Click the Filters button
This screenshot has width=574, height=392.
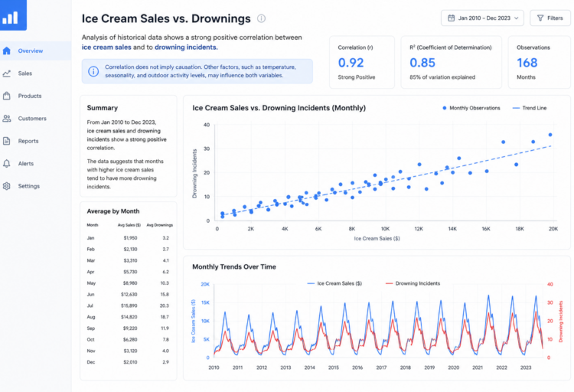(x=550, y=18)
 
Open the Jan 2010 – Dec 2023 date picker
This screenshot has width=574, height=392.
(x=482, y=18)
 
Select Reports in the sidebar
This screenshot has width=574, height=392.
(x=28, y=141)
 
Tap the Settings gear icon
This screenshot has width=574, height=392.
(x=7, y=186)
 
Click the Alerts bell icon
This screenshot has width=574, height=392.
(x=7, y=163)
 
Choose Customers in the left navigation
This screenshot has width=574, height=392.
(x=32, y=119)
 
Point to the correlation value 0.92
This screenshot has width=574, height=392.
(x=351, y=63)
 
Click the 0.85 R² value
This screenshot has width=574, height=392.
(x=422, y=63)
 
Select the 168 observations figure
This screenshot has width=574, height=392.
(x=527, y=63)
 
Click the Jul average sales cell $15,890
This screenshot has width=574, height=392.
(x=129, y=305)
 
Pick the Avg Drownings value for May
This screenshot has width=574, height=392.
(x=165, y=283)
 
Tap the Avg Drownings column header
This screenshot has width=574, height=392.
(x=160, y=225)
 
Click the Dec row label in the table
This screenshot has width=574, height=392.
(x=91, y=362)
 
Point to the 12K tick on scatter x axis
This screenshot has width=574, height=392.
(x=419, y=229)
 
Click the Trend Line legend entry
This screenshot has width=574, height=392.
(x=530, y=108)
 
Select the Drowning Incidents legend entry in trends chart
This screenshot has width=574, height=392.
(x=413, y=283)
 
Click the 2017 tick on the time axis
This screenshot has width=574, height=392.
(x=381, y=367)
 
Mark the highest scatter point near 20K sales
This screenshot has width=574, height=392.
(x=550, y=135)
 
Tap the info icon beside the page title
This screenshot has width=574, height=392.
(x=261, y=18)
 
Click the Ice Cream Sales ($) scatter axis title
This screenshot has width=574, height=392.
(x=377, y=239)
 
